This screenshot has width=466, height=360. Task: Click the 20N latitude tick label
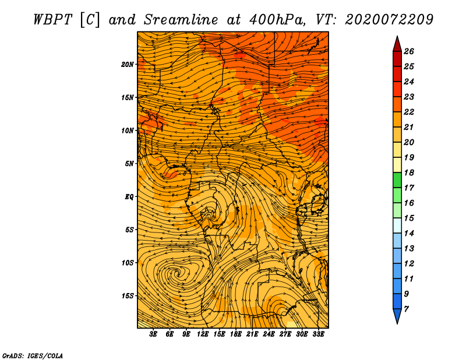(127, 65)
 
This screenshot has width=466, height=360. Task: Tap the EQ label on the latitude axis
(129, 197)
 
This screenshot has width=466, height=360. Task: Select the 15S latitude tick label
(127, 296)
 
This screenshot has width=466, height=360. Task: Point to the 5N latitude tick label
(129, 164)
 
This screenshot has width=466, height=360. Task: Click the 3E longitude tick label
(153, 334)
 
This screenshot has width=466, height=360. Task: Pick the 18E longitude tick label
(235, 334)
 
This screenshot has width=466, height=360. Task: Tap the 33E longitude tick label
(318, 334)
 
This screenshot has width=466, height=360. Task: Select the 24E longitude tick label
(269, 334)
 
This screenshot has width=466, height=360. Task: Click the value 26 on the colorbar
(409, 51)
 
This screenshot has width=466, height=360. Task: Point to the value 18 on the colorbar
(409, 172)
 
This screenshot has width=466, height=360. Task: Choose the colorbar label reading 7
(406, 309)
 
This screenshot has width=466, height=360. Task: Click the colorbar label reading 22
(409, 112)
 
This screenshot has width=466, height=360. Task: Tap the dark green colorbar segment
(397, 180)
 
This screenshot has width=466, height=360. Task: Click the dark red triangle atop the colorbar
(397, 45)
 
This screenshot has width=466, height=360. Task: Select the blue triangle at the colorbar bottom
(397, 316)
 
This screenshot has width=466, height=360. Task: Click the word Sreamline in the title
(181, 20)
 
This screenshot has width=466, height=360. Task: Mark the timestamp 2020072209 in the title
(389, 20)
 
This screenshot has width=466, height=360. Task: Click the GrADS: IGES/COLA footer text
(33, 356)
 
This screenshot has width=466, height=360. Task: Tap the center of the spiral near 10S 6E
(178, 272)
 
